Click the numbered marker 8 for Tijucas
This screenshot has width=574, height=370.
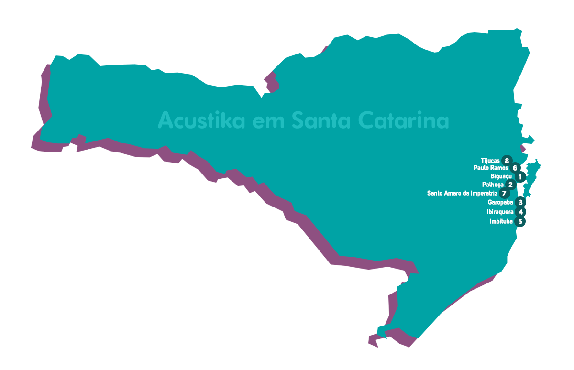[507, 161]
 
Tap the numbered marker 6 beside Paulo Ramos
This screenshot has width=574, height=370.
[515, 168]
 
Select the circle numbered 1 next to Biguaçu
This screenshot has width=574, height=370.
[520, 177]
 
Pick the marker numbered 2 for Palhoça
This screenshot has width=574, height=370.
[511, 185]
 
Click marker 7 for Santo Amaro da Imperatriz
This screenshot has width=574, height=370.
[504, 194]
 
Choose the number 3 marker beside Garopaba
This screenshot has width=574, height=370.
[520, 203]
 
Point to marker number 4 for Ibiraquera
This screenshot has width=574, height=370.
[520, 212]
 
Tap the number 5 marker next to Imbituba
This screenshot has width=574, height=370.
[520, 222]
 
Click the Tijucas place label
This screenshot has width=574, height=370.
[490, 161]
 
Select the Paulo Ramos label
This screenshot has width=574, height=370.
[491, 168]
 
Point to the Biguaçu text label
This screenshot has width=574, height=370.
[501, 177]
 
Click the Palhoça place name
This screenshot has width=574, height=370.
[493, 185]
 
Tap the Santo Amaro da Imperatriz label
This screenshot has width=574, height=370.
[462, 194]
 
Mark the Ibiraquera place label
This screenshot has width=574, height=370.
[500, 212]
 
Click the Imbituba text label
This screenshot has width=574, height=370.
[501, 222]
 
